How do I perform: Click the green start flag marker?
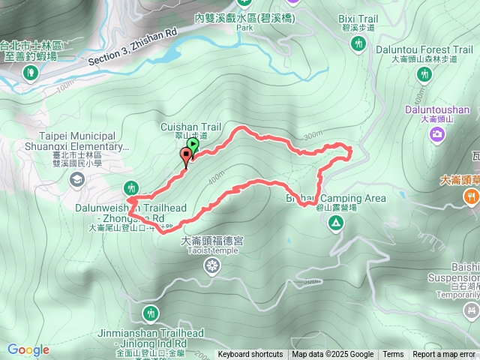193,145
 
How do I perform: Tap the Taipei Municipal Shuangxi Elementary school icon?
76,179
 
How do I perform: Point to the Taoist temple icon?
213,265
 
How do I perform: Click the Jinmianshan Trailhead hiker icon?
151,313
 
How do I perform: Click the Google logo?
28,349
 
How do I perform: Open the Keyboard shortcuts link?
250,355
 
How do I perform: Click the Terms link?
393,355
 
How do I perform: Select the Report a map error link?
445,355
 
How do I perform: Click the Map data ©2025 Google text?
333,355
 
